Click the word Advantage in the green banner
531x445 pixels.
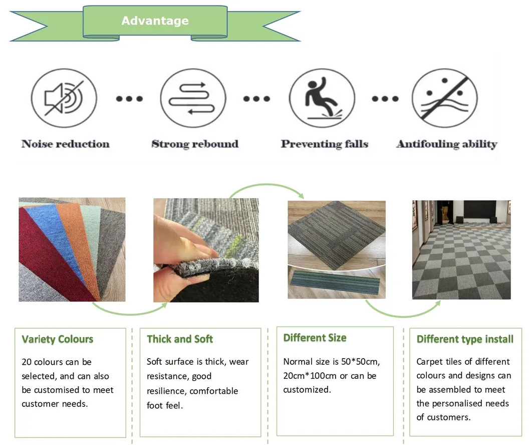[x=155, y=21]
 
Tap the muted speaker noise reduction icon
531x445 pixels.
[x=64, y=98]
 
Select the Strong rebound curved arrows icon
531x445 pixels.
[x=193, y=98]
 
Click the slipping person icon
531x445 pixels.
[x=322, y=98]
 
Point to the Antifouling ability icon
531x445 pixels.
[x=445, y=98]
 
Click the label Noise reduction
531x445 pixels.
[x=65, y=144]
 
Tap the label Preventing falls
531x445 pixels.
[x=325, y=144]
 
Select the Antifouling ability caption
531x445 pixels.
[x=447, y=144]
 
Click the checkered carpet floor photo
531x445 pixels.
[x=461, y=250]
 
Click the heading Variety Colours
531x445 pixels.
[x=57, y=339]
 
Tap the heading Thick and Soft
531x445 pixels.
[x=180, y=339]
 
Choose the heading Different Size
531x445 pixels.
[x=315, y=338]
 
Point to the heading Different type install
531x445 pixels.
[x=465, y=339]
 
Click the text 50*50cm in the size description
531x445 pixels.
[x=360, y=362]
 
